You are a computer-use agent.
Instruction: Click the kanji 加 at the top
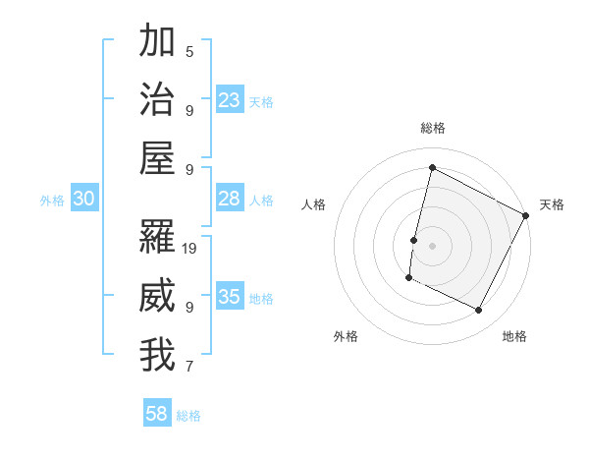(x=157, y=42)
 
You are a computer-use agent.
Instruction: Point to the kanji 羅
(x=157, y=237)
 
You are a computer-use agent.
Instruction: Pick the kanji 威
(x=157, y=296)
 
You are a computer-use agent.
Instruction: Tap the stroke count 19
(x=190, y=248)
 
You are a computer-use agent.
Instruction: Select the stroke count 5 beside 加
(x=189, y=51)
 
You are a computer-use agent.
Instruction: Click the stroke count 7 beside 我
(x=189, y=367)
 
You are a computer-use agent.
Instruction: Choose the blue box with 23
(x=230, y=99)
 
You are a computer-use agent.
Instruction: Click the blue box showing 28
(x=230, y=199)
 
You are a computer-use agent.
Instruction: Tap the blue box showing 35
(x=230, y=297)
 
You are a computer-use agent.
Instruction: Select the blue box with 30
(x=84, y=199)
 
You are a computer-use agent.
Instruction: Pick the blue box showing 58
(x=157, y=414)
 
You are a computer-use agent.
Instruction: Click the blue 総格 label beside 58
(x=188, y=416)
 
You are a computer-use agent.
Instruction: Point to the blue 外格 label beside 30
(x=52, y=201)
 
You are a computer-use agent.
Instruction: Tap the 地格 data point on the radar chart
(x=479, y=311)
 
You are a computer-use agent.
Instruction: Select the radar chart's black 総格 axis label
(x=432, y=128)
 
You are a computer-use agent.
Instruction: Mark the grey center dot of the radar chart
(x=432, y=245)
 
